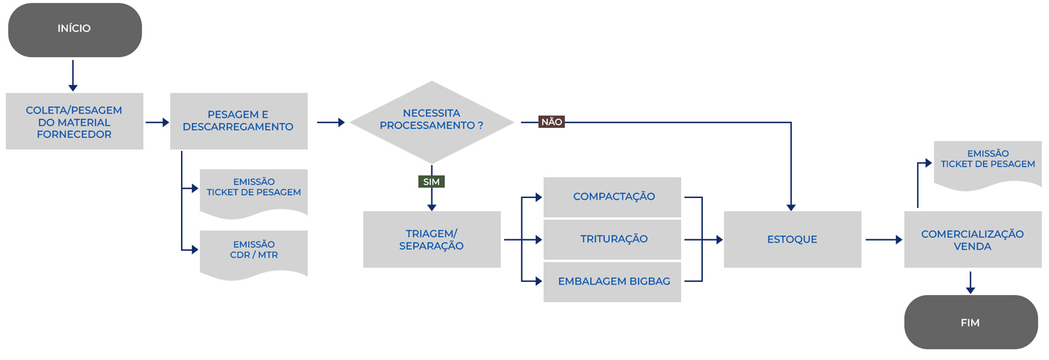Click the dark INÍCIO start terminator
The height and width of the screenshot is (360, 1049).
(x=75, y=30)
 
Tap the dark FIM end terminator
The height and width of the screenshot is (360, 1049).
(x=970, y=322)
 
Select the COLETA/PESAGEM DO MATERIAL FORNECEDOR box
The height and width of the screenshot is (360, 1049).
(x=74, y=121)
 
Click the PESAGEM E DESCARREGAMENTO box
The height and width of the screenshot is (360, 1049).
(x=238, y=121)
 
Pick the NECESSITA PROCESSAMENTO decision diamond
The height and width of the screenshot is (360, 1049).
(x=431, y=121)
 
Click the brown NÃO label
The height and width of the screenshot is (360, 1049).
(x=551, y=122)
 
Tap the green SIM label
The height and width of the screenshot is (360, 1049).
(x=431, y=182)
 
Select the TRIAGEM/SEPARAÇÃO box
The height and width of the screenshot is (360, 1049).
(x=431, y=239)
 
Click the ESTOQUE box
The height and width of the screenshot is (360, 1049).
(x=792, y=239)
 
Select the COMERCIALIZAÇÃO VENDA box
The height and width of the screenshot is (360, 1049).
(x=972, y=239)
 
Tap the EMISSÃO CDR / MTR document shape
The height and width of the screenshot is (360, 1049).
(x=254, y=251)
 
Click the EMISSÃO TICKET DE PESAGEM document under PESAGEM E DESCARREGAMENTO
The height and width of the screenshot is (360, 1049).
(x=254, y=190)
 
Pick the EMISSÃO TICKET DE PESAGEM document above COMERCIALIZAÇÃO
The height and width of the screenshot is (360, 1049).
(x=987, y=161)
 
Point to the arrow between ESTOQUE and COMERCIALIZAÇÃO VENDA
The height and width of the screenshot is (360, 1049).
(x=883, y=240)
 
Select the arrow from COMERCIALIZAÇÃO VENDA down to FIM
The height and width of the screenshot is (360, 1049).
(x=970, y=282)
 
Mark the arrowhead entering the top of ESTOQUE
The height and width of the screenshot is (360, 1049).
(x=791, y=207)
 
